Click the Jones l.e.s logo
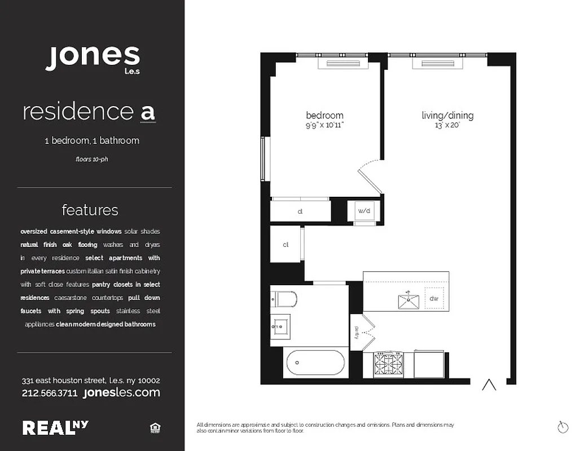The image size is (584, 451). (x=93, y=59)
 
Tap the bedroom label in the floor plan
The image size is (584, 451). (x=324, y=116)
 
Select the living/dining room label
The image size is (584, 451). (x=447, y=116)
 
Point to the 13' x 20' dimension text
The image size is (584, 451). (x=447, y=126)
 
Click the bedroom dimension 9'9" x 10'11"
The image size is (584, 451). (x=324, y=125)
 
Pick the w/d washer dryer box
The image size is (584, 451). (x=364, y=211)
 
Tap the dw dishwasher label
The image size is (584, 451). (x=434, y=299)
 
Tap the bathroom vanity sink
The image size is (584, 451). (x=279, y=326)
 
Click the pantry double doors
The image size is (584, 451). (x=362, y=333)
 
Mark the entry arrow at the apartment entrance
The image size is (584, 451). (x=489, y=385)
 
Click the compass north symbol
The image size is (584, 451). (x=562, y=427)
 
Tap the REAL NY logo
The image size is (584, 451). (x=55, y=428)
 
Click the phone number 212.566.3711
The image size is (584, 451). (x=50, y=393)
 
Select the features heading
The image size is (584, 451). (x=90, y=210)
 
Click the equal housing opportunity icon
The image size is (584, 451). (x=155, y=428)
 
